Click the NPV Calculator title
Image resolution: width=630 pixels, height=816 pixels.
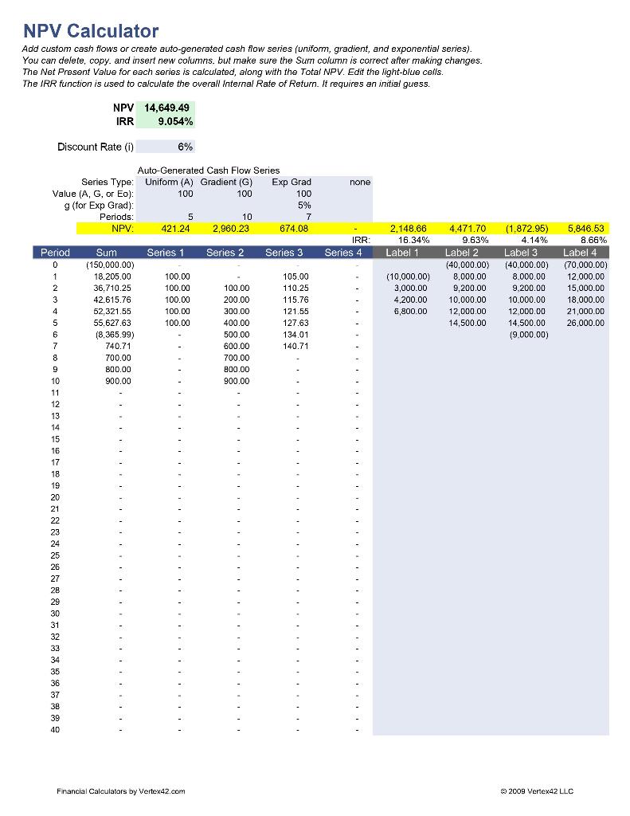tap(91, 31)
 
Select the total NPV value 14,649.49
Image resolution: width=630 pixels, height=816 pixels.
tap(166, 108)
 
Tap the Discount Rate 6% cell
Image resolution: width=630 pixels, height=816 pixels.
tap(165, 147)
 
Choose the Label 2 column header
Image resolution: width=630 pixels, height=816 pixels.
tap(462, 253)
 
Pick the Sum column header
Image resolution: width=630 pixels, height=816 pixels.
tap(107, 253)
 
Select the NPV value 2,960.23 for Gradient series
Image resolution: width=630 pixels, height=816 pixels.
tap(227, 229)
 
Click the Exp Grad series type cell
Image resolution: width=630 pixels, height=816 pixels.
tap(291, 182)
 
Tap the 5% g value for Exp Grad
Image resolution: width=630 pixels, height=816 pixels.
tap(303, 205)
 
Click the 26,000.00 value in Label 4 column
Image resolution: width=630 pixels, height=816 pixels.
tap(585, 323)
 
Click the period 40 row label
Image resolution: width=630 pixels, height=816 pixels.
tap(55, 729)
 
